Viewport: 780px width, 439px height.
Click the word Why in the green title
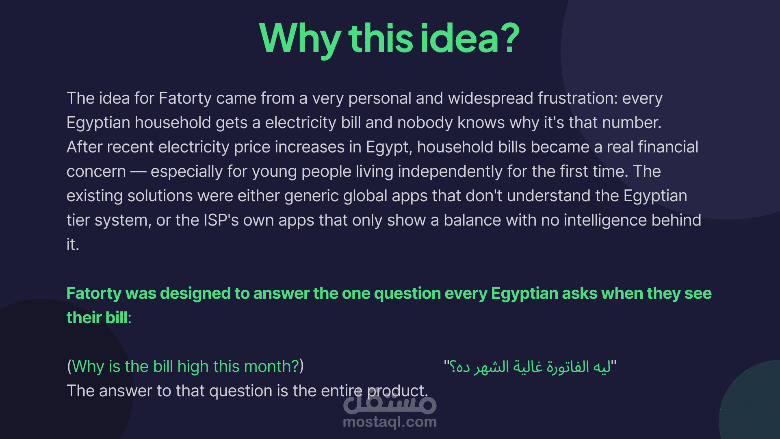pyautogui.click(x=300, y=39)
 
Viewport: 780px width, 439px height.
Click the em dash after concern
pyautogui.click(x=138, y=172)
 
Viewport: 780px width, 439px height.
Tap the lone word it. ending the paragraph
pyautogui.click(x=73, y=245)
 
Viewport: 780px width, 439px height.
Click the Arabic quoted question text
pyautogui.click(x=530, y=367)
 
